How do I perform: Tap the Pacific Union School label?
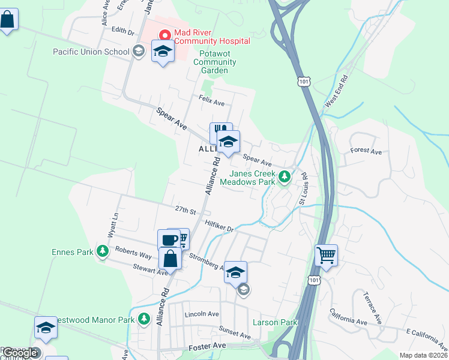92,51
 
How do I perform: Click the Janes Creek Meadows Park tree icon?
285,177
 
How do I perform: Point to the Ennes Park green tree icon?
103,251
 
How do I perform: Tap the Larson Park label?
275,322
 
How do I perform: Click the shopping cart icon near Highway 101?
326,254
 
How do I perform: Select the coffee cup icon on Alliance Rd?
169,240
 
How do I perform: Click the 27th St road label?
185,211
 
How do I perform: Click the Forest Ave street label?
366,152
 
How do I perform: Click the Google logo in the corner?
19,353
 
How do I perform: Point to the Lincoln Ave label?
202,314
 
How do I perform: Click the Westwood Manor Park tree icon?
143,319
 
